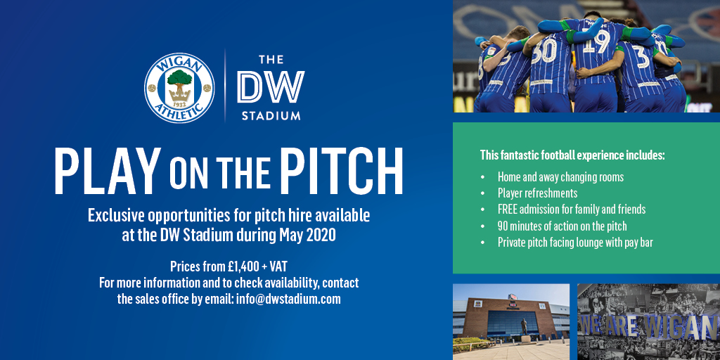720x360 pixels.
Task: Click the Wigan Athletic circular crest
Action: (179, 88)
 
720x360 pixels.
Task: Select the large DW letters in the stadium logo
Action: (271, 86)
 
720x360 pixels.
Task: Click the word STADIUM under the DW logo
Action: (271, 115)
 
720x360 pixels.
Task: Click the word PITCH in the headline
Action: (342, 171)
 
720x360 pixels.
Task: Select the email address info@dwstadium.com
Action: (288, 300)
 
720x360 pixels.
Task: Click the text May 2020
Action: (308, 235)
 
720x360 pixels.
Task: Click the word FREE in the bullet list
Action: (508, 210)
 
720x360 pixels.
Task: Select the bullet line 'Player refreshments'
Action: (537, 193)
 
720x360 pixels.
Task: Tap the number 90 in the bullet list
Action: (503, 226)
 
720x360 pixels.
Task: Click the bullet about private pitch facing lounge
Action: (575, 243)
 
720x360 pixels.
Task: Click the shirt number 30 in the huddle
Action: (545, 50)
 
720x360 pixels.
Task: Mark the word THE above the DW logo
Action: (271, 60)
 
